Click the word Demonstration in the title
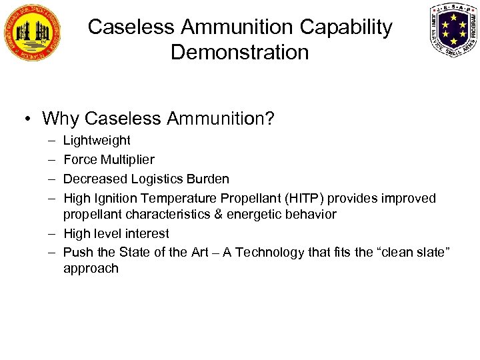pyautogui.click(x=240, y=52)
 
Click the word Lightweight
pyautogui.click(x=97, y=141)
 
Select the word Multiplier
pyautogui.click(x=127, y=160)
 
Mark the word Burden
pyautogui.click(x=207, y=179)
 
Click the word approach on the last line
pyautogui.click(x=91, y=269)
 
